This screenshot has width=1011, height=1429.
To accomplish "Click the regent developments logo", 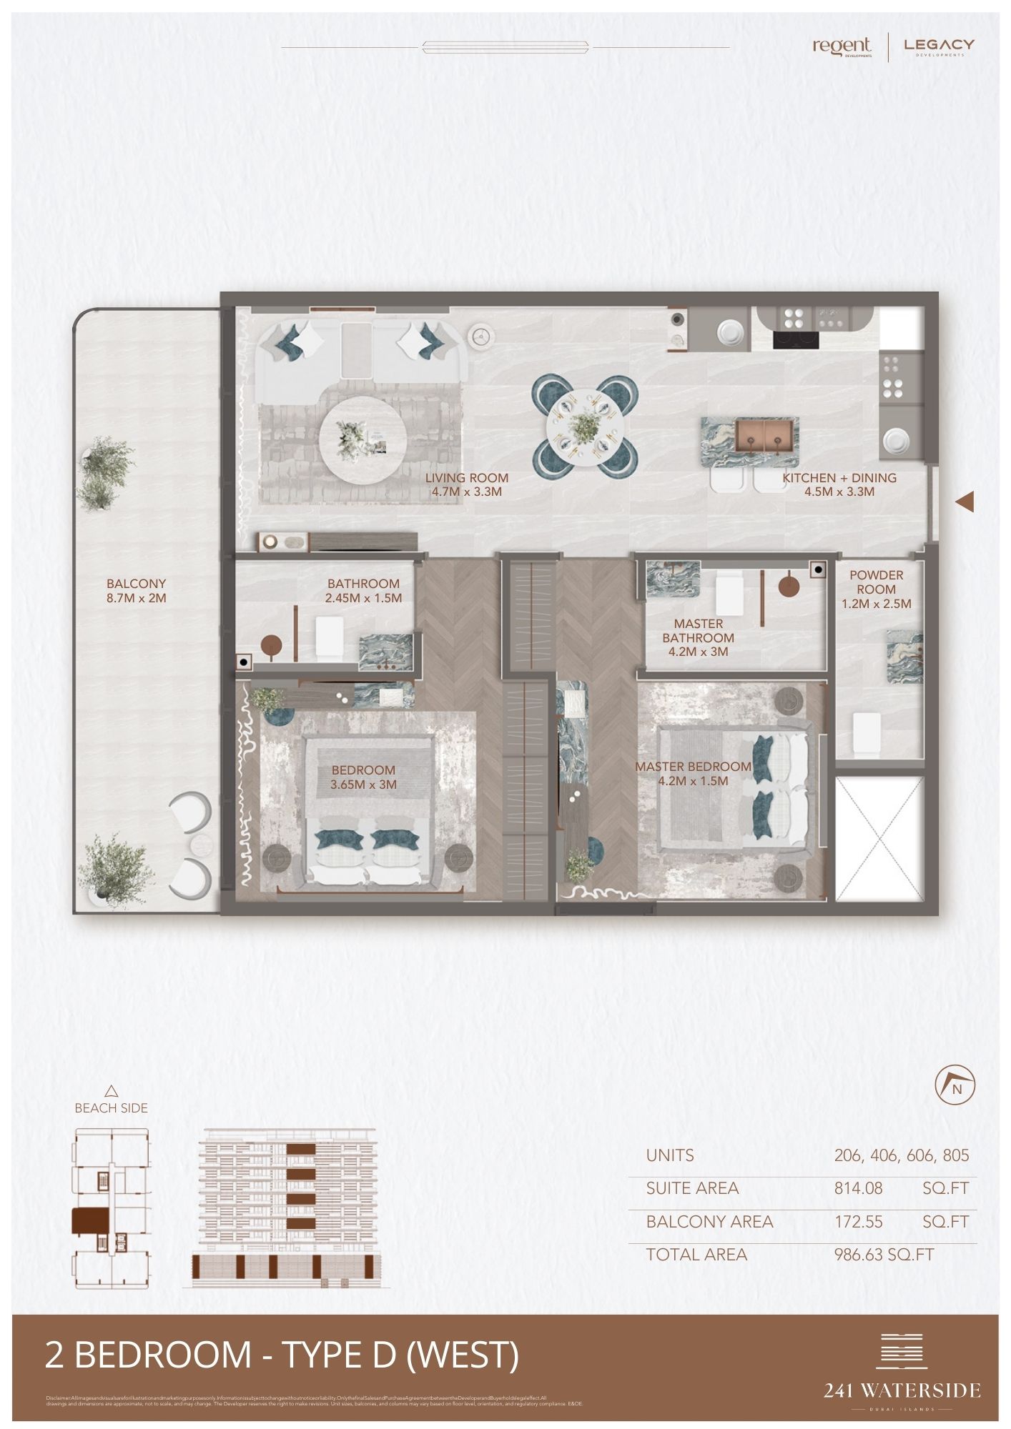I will point(842,46).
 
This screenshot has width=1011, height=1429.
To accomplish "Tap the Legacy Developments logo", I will point(939,46).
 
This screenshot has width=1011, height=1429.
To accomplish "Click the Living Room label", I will point(466,484).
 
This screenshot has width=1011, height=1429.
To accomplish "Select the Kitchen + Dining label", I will point(839,484).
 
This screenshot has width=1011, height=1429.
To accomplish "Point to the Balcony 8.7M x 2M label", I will point(136,591).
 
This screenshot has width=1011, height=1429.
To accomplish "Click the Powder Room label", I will point(876,589).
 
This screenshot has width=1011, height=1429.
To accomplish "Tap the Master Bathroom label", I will point(698,637).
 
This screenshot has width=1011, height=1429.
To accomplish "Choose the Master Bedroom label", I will point(693,773).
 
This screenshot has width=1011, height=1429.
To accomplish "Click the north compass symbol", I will point(955,1087).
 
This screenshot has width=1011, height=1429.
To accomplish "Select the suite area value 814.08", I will point(858,1188).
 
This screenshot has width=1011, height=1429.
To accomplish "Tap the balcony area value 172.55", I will point(858,1222).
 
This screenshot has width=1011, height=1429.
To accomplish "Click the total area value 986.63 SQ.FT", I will point(884,1255).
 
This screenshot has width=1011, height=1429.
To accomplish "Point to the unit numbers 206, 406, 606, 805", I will point(901,1155).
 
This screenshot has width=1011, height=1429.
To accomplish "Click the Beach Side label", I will point(111,1108).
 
